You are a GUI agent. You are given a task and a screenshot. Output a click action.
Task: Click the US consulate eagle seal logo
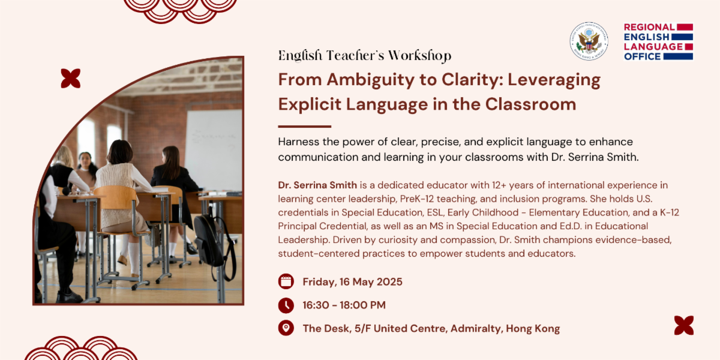pos(589,41)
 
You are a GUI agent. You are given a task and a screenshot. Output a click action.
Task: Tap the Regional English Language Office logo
pos(658,41)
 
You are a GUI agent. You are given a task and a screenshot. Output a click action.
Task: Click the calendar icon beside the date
pos(286,281)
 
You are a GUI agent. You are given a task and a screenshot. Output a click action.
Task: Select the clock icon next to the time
pos(286,305)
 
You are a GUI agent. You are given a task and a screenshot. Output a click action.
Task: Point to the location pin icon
pos(286,328)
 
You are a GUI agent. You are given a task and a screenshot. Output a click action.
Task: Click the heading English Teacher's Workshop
pos(365,56)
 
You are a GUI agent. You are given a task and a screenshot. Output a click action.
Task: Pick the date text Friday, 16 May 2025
pos(352,282)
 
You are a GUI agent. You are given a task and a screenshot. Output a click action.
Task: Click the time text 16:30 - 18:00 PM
pos(344,305)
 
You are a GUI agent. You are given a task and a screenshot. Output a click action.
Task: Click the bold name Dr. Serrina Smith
pos(317,185)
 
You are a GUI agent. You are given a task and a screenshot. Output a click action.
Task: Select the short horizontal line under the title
pos(304,127)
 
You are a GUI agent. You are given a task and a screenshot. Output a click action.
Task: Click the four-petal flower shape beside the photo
pos(71,79)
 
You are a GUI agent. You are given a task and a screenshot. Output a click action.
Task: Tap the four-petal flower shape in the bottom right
pos(683,325)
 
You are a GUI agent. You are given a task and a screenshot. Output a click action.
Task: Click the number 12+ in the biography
pos(499,185)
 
